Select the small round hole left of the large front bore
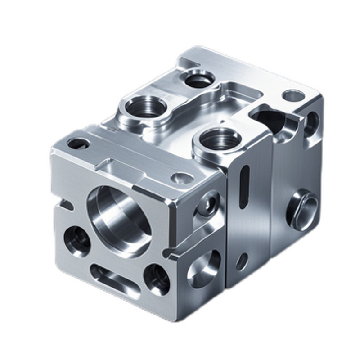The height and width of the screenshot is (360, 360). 77,241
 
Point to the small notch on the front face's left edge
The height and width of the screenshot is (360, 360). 66,205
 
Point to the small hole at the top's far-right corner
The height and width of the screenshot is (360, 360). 293,95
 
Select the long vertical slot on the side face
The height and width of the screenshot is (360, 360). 244,187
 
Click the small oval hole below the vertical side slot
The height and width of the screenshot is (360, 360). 242,261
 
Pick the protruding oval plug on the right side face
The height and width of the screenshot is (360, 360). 302,210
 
